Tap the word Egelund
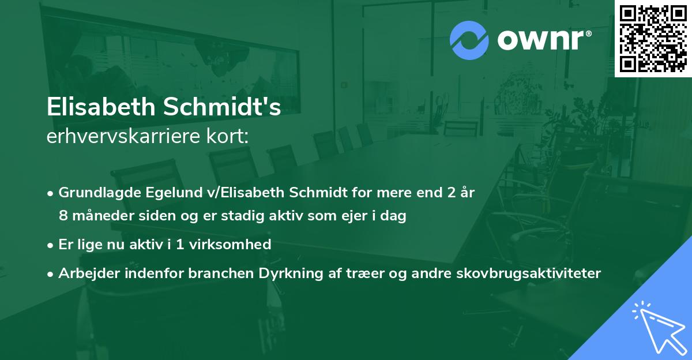(164, 193)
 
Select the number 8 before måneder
(62, 216)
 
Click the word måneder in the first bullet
(97, 216)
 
